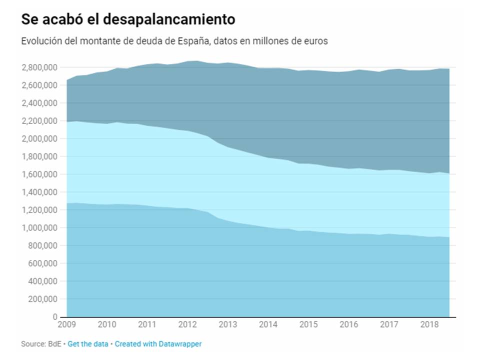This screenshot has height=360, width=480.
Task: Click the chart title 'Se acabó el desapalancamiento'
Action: pos(128,19)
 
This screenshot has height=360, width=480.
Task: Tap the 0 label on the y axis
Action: pos(55,317)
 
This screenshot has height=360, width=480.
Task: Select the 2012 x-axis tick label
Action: pos(187,325)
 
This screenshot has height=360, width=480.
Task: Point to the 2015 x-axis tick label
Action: pos(308,325)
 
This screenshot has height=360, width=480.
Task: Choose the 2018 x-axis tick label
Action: pos(429,325)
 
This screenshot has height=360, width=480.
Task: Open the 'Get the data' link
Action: pos(88,344)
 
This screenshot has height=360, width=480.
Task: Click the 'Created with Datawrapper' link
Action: pos(158,344)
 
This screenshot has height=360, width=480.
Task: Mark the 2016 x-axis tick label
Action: pos(349,325)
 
